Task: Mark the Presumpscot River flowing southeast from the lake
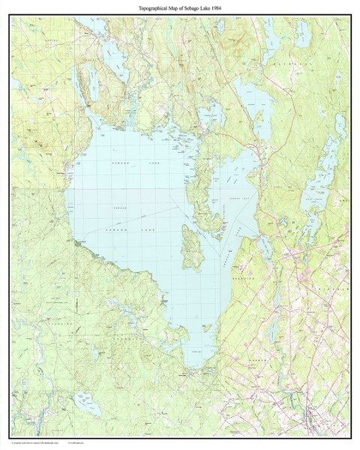(225, 375)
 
